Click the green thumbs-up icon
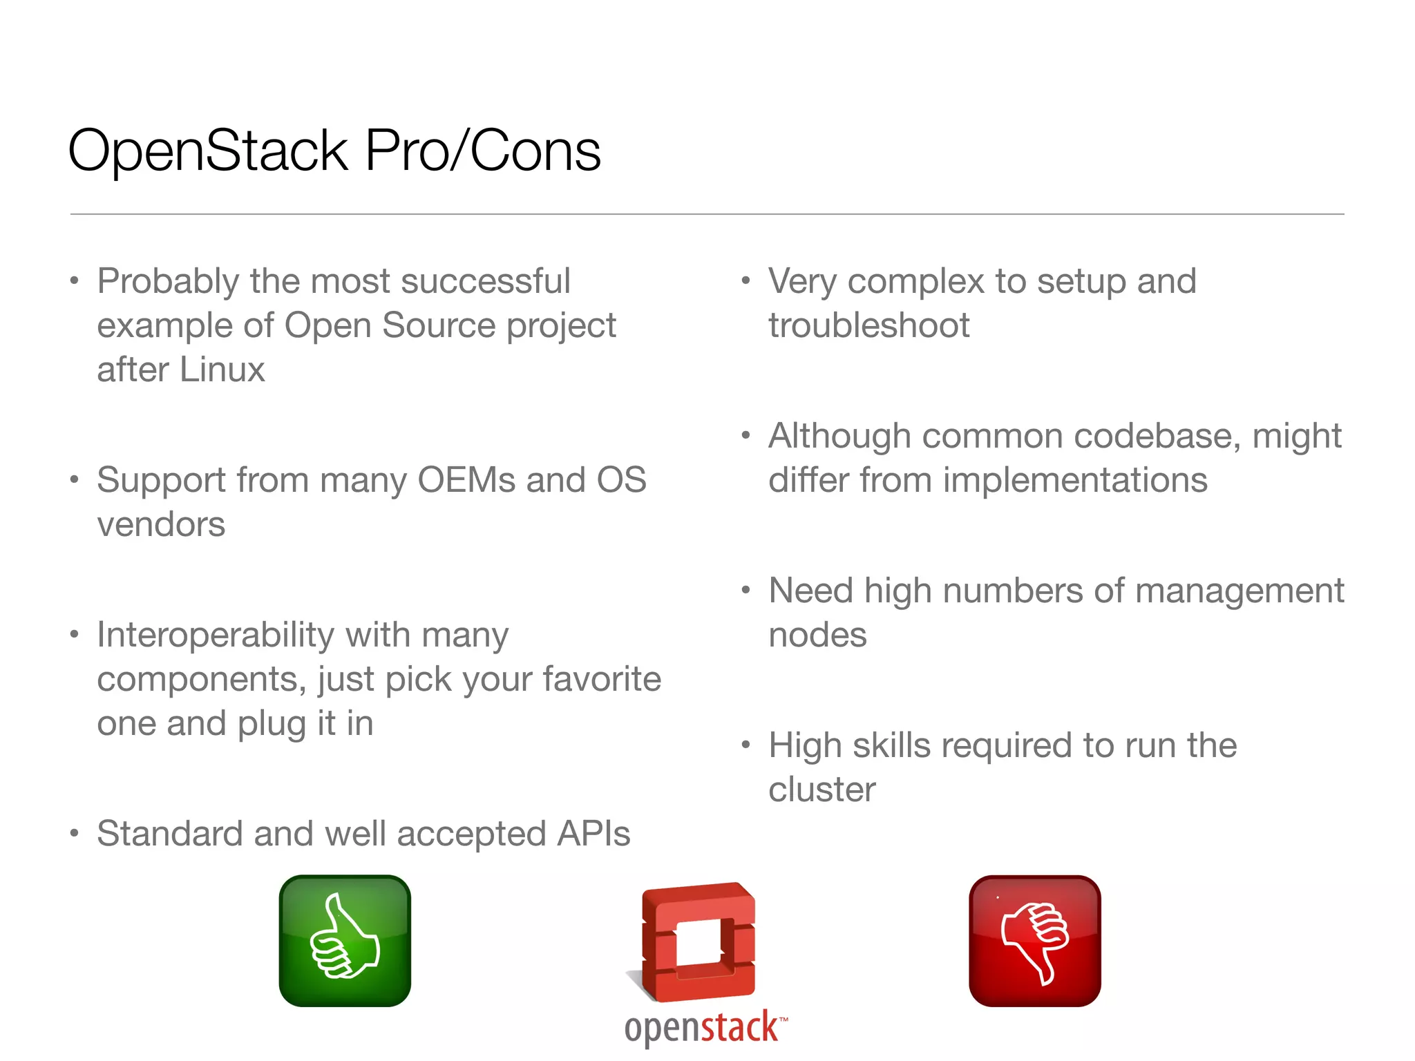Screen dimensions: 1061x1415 click(x=345, y=941)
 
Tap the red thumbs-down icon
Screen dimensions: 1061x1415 click(x=1034, y=941)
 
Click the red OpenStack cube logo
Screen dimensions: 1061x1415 click(x=699, y=942)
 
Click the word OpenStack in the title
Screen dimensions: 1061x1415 click(x=208, y=151)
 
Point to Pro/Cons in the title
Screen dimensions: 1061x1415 click(x=482, y=151)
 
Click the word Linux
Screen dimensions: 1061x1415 click(x=222, y=370)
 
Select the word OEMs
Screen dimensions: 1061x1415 click(x=466, y=480)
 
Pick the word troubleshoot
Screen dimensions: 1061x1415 click(x=868, y=325)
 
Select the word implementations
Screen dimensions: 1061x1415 click(x=1075, y=480)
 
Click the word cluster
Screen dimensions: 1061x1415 click(x=822, y=790)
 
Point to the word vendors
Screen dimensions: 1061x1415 click(x=161, y=524)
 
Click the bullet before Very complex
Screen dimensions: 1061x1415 click(x=746, y=281)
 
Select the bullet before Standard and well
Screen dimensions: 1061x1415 click(x=74, y=834)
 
